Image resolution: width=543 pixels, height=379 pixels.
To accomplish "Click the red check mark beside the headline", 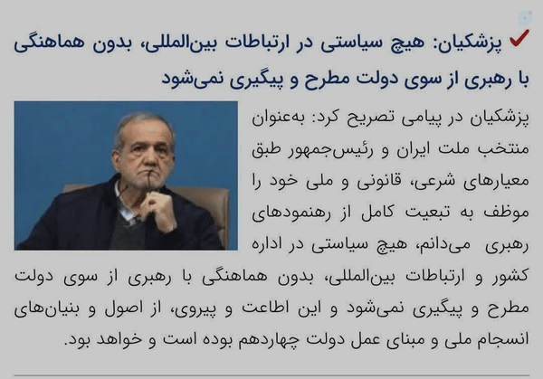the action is pyautogui.click(x=519, y=37).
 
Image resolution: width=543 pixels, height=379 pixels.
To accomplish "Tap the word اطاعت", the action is pyautogui.click(x=265, y=308).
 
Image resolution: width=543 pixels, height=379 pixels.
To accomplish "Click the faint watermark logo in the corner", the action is pyautogui.click(x=525, y=18).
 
